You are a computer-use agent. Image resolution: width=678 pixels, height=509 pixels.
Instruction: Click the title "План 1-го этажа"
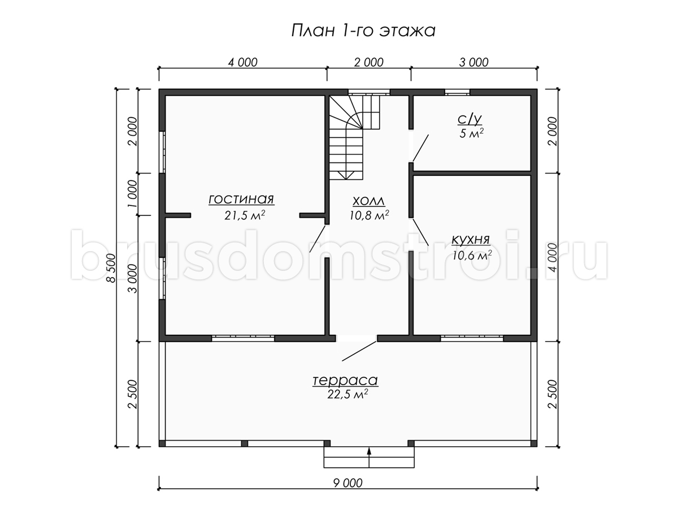pos(363,31)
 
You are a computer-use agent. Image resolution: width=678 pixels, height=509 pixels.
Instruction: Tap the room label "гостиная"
pos(241,199)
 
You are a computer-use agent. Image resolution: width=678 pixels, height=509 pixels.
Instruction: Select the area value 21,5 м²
pos(245,215)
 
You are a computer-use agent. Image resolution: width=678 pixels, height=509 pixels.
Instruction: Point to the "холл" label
pos(369,201)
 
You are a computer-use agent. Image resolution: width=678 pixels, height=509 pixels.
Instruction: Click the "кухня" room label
pos(471,240)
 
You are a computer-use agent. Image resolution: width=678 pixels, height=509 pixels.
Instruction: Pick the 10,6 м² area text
pos(472,255)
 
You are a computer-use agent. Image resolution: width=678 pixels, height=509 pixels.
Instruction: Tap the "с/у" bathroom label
pos(470,119)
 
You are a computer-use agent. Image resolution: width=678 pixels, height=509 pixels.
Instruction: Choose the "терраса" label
pos(345,380)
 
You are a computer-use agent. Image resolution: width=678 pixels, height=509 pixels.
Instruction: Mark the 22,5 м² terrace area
pos(347,394)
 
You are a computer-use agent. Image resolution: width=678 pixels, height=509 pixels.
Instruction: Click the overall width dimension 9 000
pos(348,483)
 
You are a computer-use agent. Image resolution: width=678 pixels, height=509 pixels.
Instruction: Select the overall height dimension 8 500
pos(111,268)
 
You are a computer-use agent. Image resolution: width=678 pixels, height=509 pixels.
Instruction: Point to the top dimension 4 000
pos(243,62)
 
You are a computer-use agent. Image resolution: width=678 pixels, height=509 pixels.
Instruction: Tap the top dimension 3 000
pos(474,62)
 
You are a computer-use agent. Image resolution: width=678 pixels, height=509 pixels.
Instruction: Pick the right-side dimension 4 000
pos(553,257)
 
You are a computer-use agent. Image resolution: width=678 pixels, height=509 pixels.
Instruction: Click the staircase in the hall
pos(354,137)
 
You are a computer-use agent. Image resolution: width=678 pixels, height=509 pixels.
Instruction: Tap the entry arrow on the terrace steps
pos(369,457)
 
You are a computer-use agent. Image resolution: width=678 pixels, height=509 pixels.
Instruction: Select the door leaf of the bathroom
pos(421,148)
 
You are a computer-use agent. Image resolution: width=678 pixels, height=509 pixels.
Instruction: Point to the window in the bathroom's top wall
pos(457,92)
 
